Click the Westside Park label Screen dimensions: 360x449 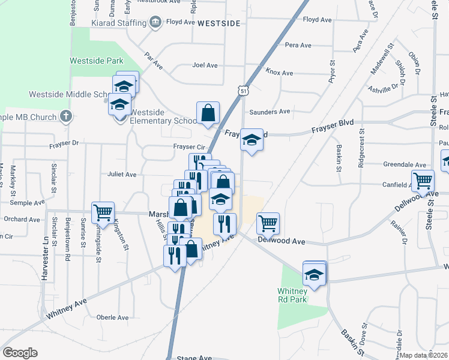tap(97, 61)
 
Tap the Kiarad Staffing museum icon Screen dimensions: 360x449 tap(155, 23)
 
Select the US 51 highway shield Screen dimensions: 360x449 tap(242, 90)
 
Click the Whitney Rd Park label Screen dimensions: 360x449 tap(292, 295)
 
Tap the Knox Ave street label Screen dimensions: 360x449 tap(279, 73)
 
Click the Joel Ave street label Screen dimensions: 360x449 tap(205, 65)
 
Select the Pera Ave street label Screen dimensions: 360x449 tap(298, 45)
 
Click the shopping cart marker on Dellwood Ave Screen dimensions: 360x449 tap(268, 224)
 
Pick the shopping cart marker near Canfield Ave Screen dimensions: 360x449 tap(423, 181)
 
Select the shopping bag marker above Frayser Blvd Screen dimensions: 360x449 tap(208, 113)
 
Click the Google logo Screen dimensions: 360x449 tap(20, 353)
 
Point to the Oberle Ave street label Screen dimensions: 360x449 tap(112, 317)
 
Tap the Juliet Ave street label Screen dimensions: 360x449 tap(122, 175)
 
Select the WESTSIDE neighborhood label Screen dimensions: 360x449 tap(218, 23)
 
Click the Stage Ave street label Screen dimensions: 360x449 tap(194, 358)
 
